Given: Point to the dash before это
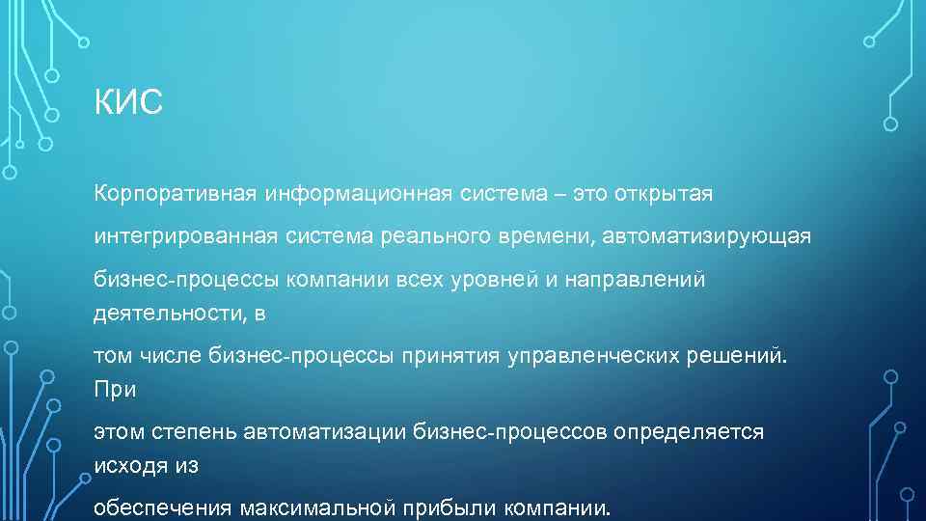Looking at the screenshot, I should (561, 195).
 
